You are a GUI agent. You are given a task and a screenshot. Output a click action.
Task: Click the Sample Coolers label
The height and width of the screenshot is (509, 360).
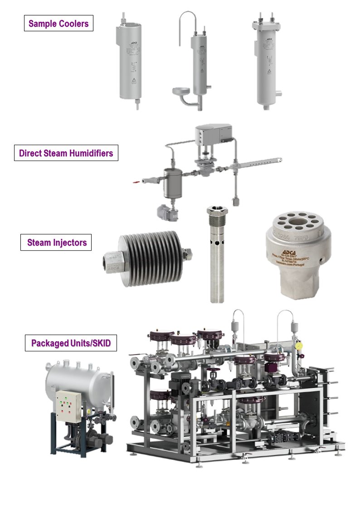point(58,24)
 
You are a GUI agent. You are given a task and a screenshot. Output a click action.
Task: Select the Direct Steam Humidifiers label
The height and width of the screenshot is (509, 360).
point(66,153)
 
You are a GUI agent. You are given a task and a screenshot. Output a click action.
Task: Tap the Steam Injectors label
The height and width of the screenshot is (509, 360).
point(57,242)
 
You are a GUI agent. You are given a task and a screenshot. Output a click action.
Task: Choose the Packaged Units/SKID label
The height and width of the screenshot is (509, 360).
point(71,343)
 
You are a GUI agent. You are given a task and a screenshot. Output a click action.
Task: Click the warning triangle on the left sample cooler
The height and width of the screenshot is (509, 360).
point(135,81)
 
